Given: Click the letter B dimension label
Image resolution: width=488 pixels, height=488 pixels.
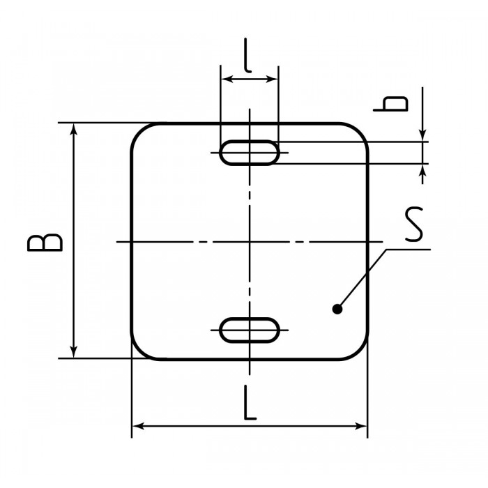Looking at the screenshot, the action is [45, 243].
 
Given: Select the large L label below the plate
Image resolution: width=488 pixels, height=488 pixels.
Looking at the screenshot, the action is [250, 403].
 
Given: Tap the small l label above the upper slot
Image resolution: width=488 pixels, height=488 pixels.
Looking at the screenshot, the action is [247, 55].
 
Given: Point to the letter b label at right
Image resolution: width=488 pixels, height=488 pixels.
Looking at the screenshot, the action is [391, 104].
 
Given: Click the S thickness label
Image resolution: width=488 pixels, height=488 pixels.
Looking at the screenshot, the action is [414, 224].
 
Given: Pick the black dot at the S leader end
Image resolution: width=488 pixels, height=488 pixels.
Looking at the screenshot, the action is [337, 309].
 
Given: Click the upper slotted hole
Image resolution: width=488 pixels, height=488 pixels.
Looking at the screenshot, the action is [250, 153].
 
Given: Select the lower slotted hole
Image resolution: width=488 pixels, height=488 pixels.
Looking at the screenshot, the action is [250, 330].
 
